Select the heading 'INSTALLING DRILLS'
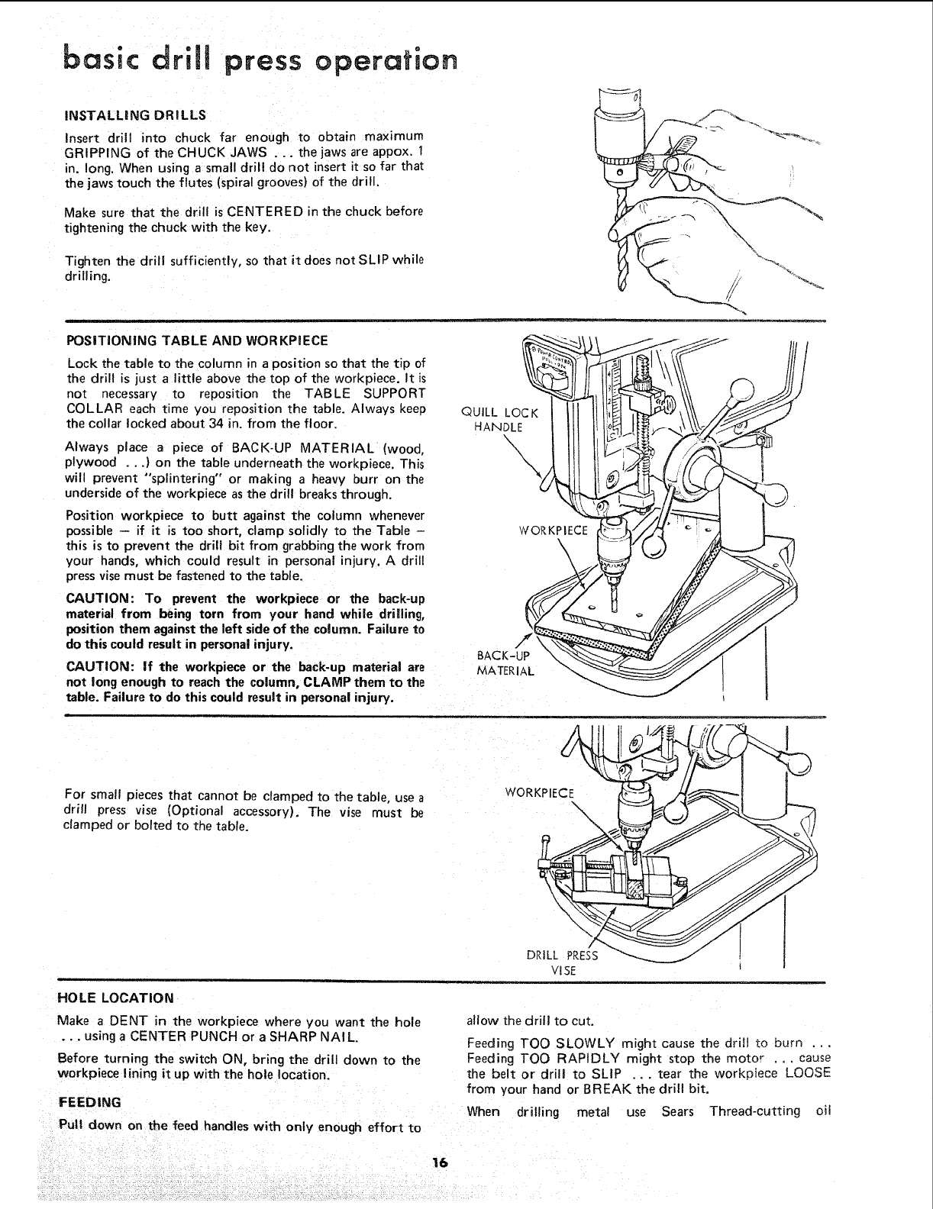135,115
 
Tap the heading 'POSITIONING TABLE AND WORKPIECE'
198,340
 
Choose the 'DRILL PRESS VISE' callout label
563,962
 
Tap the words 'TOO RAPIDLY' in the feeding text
564,1058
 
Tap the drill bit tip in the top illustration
622,286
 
